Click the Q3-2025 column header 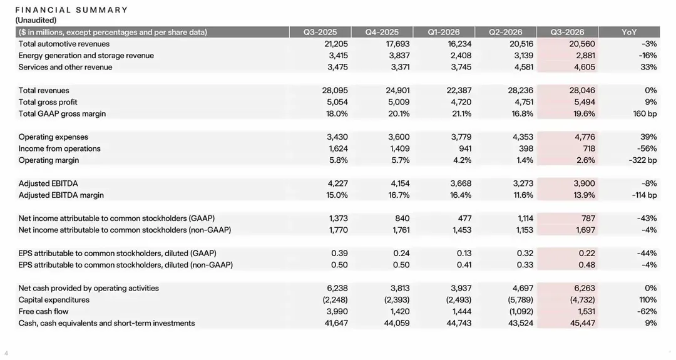click(x=320, y=33)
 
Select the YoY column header click(x=629, y=33)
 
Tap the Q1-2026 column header click(x=444, y=33)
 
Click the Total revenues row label click(x=44, y=91)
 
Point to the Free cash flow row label click(x=43, y=312)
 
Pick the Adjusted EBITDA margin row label click(x=61, y=195)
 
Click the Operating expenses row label click(x=53, y=137)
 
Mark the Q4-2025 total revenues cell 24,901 click(x=397, y=91)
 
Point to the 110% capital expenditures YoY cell click(x=648, y=300)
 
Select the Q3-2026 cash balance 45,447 click(x=583, y=323)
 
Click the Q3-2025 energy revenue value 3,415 click(x=337, y=56)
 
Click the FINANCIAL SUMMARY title click(x=71, y=10)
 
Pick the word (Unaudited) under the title click(x=36, y=20)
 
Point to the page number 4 click(x=6, y=353)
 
